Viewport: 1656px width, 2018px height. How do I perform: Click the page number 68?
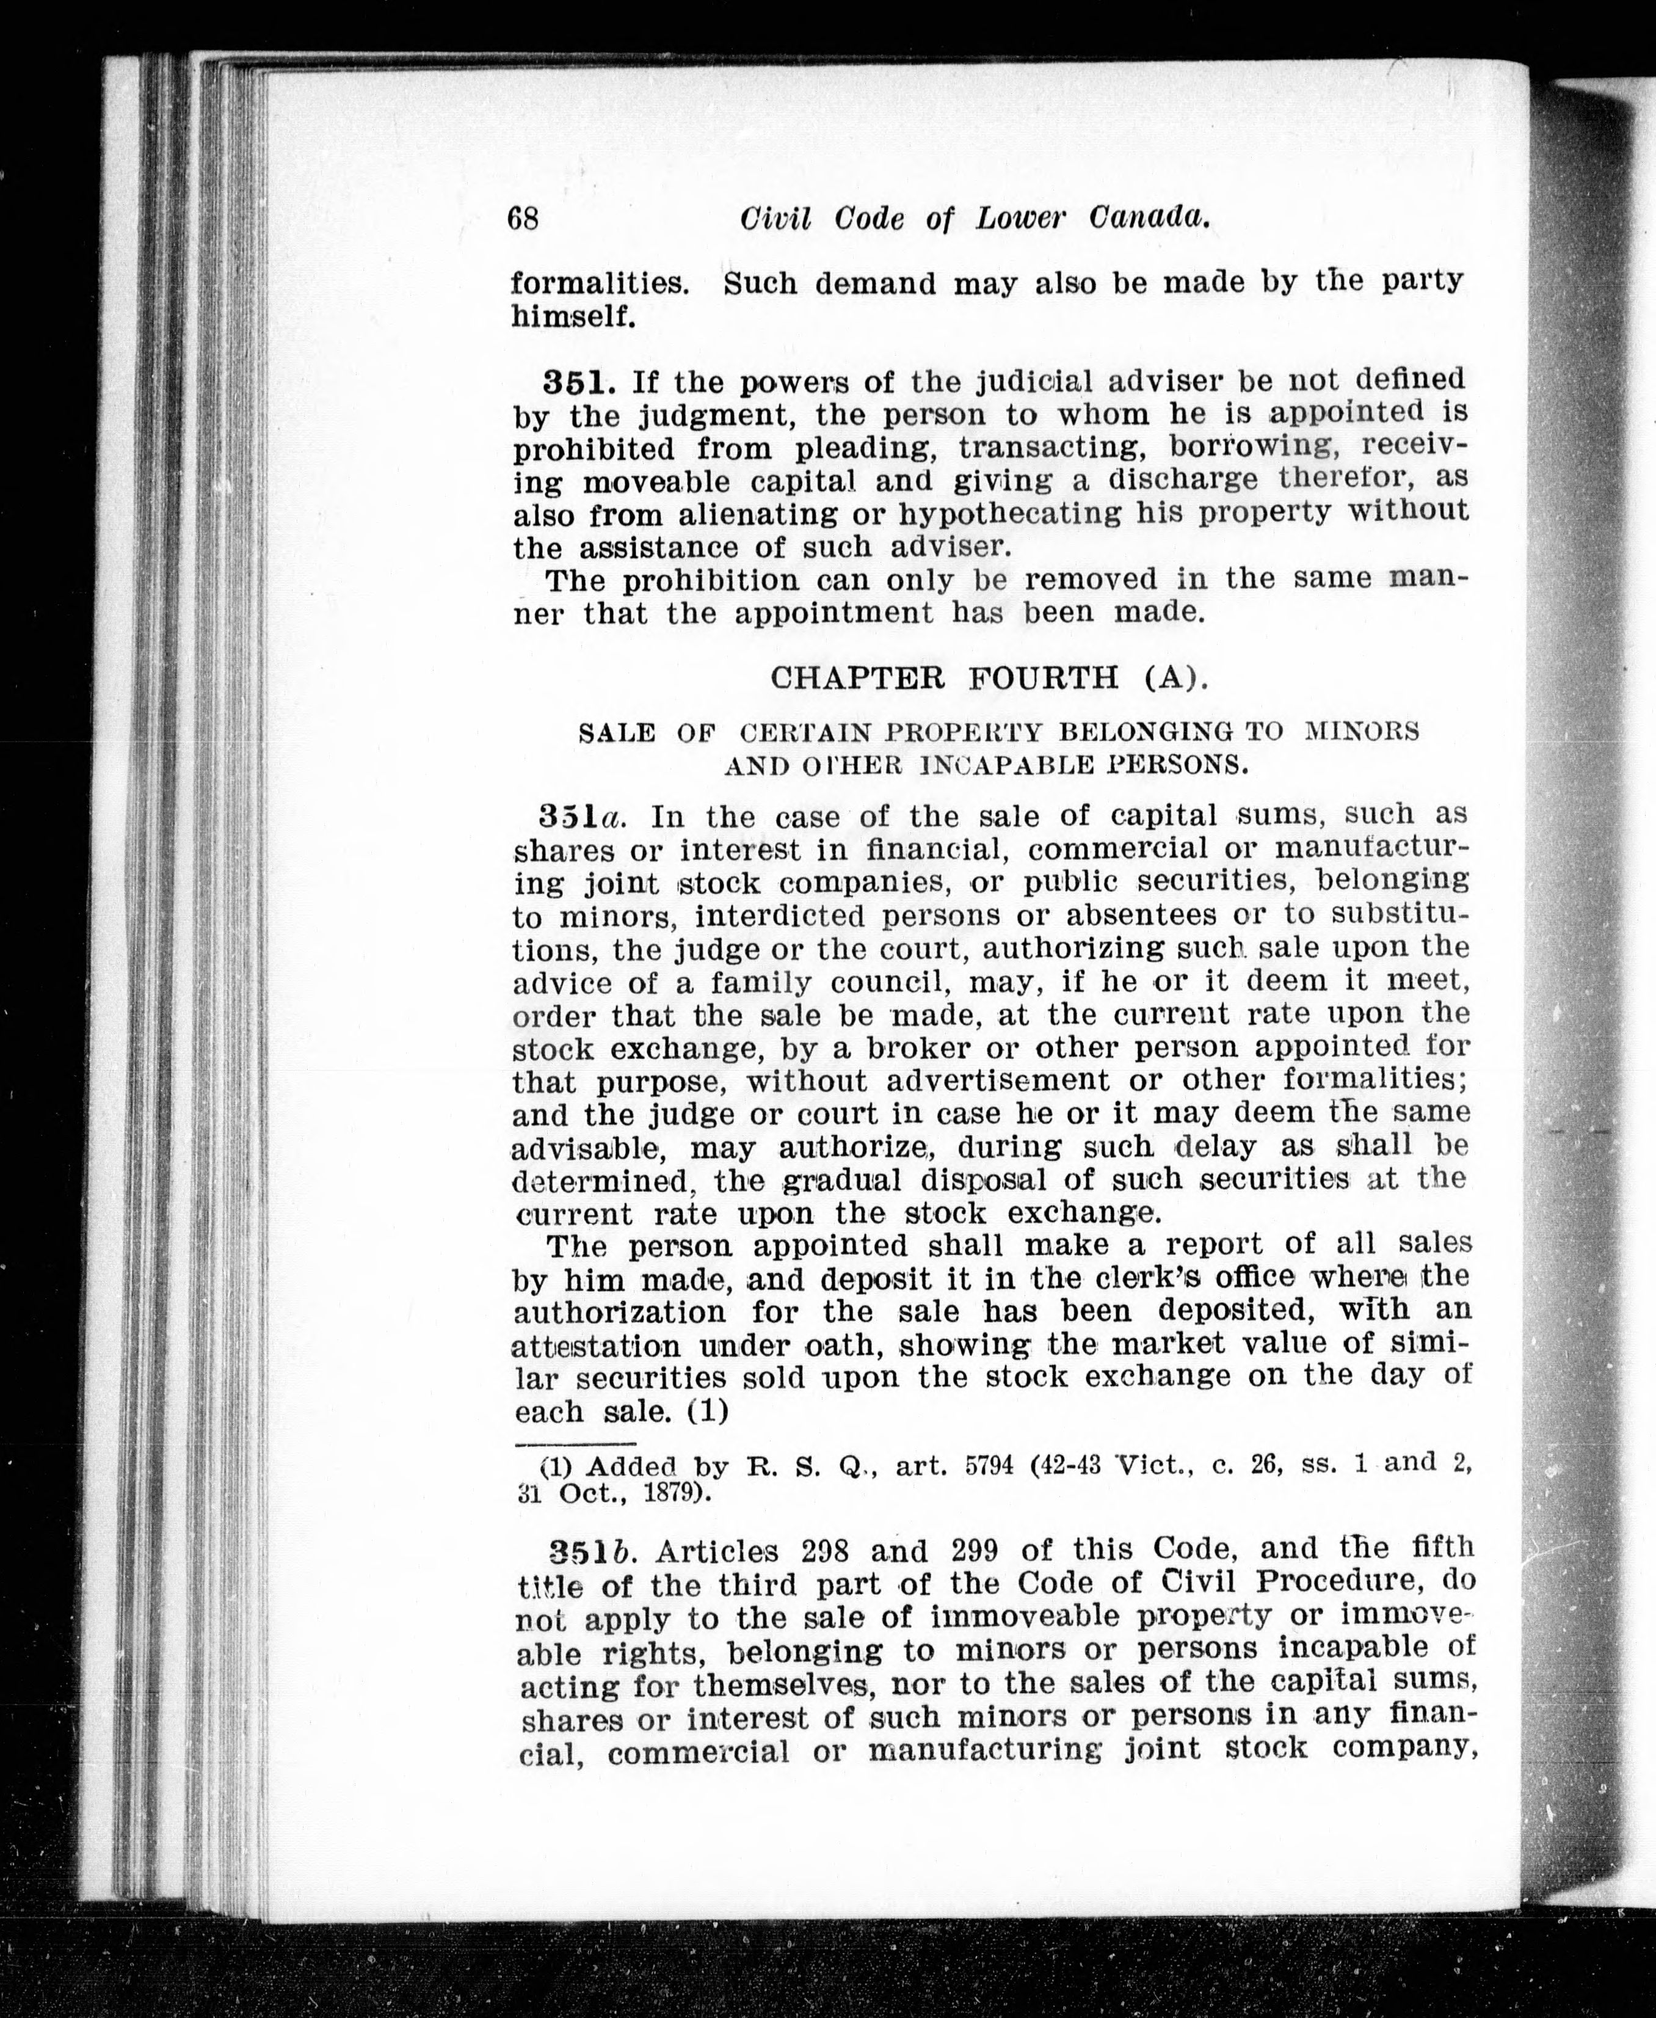coord(523,219)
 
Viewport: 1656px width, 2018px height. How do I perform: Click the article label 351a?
coord(581,817)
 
